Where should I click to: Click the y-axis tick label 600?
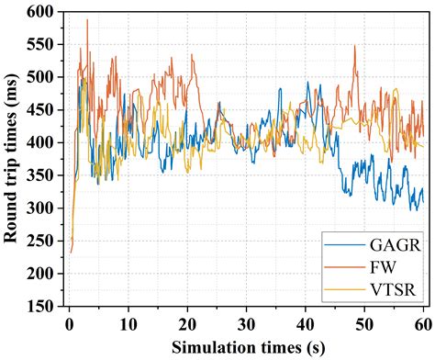tap(41, 12)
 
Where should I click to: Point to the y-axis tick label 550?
tap(41, 44)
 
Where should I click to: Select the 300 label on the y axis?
tap(41, 208)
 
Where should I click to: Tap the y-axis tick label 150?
tap(41, 306)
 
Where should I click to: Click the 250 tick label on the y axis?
tap(41, 241)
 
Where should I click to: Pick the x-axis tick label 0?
tap(70, 324)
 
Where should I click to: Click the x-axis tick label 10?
tap(128, 324)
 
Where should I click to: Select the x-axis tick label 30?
tap(246, 324)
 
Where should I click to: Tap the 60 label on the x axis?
tap(424, 324)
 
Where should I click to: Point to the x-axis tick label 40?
tap(306, 324)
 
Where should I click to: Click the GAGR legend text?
tap(395, 245)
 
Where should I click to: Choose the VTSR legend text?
tap(393, 289)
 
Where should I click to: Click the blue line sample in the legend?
tap(345, 245)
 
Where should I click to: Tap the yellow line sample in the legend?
tap(345, 289)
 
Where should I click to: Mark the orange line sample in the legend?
tap(345, 267)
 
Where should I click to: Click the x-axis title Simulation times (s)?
tap(248, 348)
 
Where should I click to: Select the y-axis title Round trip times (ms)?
tap(11, 159)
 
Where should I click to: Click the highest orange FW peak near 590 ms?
tap(87, 20)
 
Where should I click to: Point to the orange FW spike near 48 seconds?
tap(355, 46)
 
